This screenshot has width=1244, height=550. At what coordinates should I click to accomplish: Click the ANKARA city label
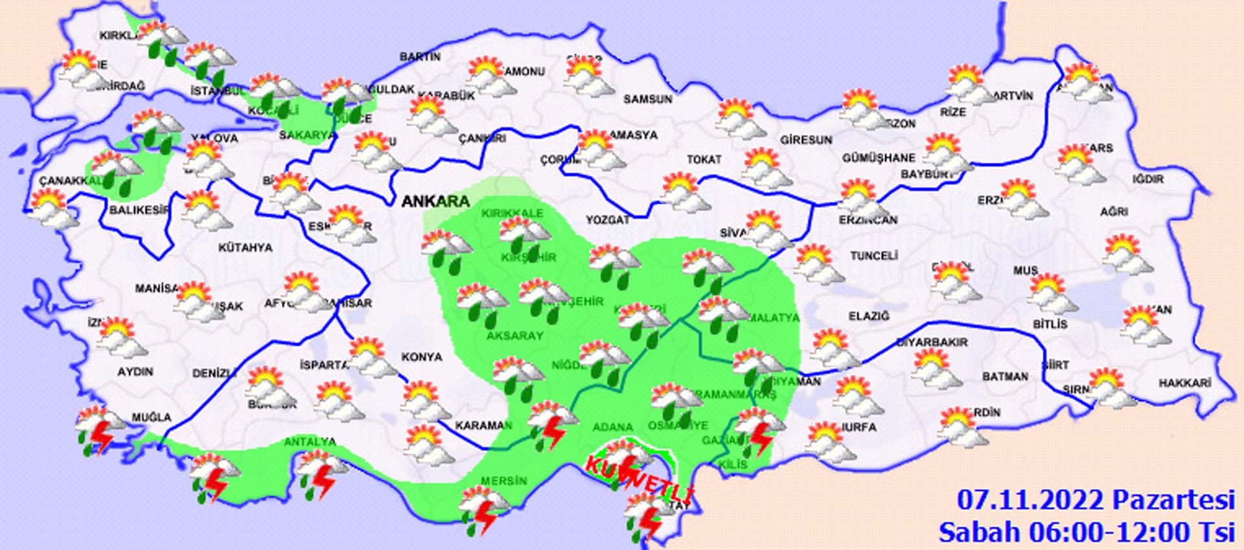(435, 201)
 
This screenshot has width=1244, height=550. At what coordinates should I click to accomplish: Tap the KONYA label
(422, 357)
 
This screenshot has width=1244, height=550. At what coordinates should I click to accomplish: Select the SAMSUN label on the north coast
(647, 99)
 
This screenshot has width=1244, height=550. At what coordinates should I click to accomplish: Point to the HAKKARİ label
(1184, 384)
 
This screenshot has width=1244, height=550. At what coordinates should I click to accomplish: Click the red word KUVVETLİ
(639, 479)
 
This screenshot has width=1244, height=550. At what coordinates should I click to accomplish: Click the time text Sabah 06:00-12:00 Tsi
(1087, 533)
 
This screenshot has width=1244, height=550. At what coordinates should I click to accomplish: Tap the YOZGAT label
(608, 220)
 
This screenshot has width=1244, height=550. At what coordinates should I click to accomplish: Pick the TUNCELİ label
(873, 257)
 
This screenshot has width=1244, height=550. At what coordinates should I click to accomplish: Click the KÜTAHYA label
(245, 247)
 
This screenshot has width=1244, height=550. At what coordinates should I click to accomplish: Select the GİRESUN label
(806, 140)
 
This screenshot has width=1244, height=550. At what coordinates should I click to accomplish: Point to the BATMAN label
(1005, 376)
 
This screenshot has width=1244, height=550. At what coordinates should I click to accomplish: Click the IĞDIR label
(1148, 179)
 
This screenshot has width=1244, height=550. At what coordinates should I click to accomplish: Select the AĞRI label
(1114, 212)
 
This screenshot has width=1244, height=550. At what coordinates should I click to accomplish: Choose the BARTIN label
(420, 57)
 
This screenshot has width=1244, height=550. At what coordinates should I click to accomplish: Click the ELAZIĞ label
(869, 316)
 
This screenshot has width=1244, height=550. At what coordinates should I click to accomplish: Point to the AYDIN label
(135, 372)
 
